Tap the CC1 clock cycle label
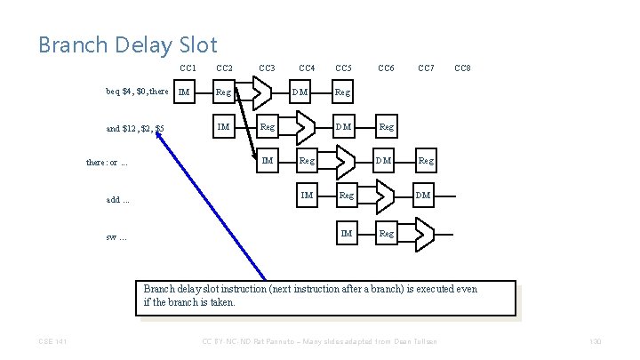point(188,68)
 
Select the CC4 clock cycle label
point(307,68)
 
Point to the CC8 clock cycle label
point(462,68)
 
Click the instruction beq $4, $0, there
point(137,91)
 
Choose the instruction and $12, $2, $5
point(134,128)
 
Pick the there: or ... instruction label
point(107,164)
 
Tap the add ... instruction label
point(118,199)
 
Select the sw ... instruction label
point(116,236)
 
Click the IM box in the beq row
point(184,91)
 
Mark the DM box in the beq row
point(304,91)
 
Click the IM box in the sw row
point(347,233)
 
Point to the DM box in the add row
point(424,195)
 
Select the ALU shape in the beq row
point(258,92)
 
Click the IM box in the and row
point(224,126)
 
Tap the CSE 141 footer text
point(52,342)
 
